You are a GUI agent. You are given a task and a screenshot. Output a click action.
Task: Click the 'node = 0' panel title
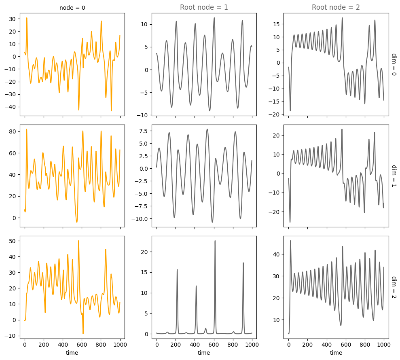pyautogui.click(x=72, y=7)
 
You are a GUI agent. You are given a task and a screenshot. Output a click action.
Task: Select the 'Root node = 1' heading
pyautogui.click(x=204, y=7)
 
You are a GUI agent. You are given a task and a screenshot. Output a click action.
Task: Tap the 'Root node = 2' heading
pyautogui.click(x=336, y=7)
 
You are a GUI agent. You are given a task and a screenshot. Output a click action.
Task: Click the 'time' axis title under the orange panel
pyautogui.click(x=72, y=353)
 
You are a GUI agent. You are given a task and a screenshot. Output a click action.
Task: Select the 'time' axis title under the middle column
pyautogui.click(x=204, y=353)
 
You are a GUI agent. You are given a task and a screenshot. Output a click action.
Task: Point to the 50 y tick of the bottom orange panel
pyautogui.click(x=13, y=241)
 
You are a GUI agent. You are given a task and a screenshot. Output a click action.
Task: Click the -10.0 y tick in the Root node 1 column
pyautogui.click(x=139, y=219)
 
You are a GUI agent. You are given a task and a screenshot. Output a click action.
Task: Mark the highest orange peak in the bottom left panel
pyautogui.click(x=78, y=241)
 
